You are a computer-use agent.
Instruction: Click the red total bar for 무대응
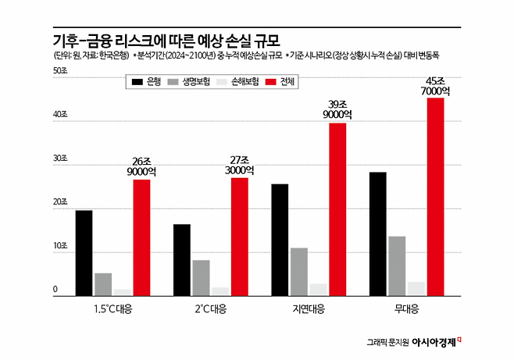pyautogui.click(x=435, y=197)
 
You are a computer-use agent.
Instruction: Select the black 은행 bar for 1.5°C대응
pyautogui.click(x=84, y=252)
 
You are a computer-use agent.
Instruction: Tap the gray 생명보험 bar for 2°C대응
pyautogui.click(x=200, y=277)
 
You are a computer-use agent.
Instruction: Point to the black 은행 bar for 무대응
pyautogui.click(x=378, y=233)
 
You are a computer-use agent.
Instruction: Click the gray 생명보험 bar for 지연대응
pyautogui.click(x=298, y=271)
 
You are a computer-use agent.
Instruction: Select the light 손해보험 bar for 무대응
pyautogui.click(x=416, y=288)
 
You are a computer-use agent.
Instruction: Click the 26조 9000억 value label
pyautogui.click(x=141, y=166)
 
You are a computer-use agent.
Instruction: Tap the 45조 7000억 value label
pyautogui.click(x=435, y=86)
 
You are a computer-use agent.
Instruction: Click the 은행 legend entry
pyautogui.click(x=145, y=81)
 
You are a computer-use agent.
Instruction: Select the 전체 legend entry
pyautogui.click(x=280, y=81)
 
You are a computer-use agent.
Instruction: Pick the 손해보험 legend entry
pyautogui.click(x=235, y=81)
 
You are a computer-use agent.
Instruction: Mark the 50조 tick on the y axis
pyautogui.click(x=59, y=71)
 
